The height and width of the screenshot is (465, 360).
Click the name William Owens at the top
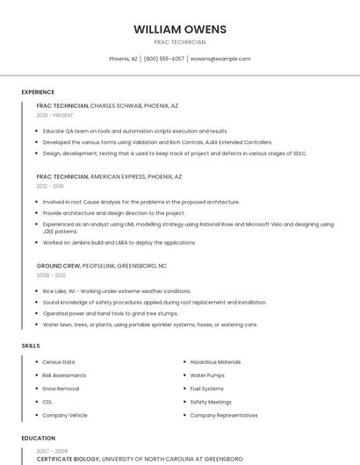tap(179, 29)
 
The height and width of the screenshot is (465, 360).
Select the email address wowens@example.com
tap(220, 59)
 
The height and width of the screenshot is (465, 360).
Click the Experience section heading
tap(38, 92)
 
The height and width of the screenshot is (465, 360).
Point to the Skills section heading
tap(31, 346)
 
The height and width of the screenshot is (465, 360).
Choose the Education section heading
tap(38, 438)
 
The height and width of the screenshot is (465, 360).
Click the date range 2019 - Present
tap(55, 115)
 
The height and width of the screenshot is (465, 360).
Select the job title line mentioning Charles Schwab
tap(107, 105)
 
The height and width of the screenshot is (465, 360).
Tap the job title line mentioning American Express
tap(109, 176)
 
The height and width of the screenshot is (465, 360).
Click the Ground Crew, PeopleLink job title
tap(101, 265)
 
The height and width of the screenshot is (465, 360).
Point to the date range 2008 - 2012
tap(50, 275)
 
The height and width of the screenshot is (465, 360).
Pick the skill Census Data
tap(59, 362)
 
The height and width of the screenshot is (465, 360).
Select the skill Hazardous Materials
tap(215, 362)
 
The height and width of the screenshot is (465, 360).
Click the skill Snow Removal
tap(61, 389)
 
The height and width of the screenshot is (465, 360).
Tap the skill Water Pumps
tap(207, 376)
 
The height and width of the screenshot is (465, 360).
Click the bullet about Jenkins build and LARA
tap(119, 242)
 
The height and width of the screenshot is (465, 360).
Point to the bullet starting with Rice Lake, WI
tap(116, 290)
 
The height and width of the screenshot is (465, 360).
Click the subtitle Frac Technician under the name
tap(179, 42)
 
